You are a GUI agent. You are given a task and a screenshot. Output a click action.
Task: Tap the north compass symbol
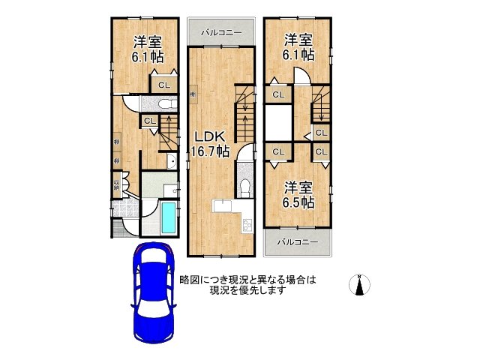point(360,286)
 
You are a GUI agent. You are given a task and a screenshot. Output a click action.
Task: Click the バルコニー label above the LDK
point(220,33)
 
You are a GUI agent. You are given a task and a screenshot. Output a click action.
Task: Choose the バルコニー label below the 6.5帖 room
point(297,241)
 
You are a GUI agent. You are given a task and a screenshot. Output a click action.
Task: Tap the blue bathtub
point(168,217)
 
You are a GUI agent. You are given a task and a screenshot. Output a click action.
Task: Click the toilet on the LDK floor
point(244,184)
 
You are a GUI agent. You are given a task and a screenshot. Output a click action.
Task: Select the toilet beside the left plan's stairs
point(164,103)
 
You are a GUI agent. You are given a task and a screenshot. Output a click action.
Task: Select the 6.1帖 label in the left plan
point(147,49)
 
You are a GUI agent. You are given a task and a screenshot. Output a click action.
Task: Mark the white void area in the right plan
point(277,120)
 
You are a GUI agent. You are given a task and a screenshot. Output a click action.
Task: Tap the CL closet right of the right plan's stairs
point(321,133)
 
